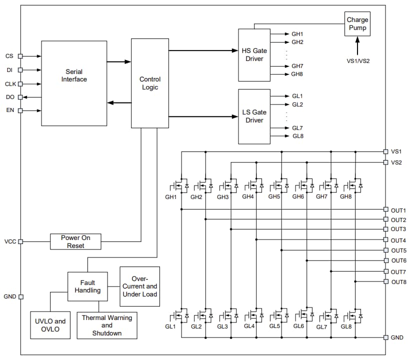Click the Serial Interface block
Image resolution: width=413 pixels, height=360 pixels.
pos(74,83)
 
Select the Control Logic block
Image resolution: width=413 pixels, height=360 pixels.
pos(149,83)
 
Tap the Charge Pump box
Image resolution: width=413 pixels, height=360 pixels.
pos(357,23)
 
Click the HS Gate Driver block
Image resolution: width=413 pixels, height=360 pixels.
pos(254,55)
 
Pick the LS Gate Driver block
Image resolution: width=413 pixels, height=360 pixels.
pos(254,116)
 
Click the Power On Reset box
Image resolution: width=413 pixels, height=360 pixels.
pos(75,241)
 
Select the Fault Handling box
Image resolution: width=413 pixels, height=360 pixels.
pos(87,286)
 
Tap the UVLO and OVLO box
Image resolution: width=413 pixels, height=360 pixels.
pos(50,324)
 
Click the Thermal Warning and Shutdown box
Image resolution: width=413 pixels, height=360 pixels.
pos(107,325)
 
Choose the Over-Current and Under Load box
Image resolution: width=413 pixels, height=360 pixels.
pos(139,286)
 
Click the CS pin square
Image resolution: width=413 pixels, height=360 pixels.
pos(20,56)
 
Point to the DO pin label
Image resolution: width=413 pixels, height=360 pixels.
pos(9,97)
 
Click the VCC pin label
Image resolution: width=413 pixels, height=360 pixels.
pos(10,241)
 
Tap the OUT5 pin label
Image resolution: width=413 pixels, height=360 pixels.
pos(398,250)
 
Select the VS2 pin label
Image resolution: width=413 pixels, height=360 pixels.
pos(396,162)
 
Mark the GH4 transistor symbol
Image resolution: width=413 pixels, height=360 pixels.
pos(254,185)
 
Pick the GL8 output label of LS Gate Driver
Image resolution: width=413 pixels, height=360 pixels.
pos(297,136)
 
